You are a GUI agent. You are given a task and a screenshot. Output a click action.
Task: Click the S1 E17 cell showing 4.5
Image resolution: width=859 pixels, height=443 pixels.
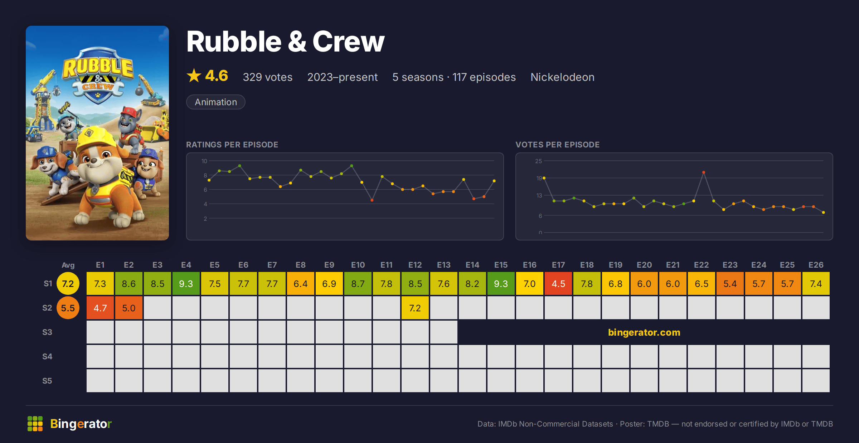558,284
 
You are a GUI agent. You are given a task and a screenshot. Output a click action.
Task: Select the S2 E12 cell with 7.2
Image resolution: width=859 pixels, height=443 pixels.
415,308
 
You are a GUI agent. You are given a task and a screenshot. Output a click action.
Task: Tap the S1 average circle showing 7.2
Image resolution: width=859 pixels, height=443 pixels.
68,284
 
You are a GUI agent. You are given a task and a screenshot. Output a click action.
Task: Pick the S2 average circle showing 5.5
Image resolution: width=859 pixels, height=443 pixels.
68,308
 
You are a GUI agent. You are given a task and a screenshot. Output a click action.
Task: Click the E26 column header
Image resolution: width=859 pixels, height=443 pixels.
816,265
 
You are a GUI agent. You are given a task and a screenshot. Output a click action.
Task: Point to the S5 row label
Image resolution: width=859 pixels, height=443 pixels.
47,381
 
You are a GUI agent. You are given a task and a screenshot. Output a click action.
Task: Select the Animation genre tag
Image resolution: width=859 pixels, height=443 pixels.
216,102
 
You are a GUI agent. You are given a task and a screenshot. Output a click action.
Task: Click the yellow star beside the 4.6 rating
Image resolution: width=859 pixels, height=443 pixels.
194,76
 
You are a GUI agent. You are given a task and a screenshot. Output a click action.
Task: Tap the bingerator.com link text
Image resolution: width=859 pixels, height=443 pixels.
644,332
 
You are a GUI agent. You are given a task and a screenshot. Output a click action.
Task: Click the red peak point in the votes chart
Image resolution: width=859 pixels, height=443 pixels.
704,172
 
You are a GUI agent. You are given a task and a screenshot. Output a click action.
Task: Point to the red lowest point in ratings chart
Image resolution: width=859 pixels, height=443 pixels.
372,200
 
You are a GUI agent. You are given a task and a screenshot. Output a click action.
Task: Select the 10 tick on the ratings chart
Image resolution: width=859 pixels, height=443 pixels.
204,161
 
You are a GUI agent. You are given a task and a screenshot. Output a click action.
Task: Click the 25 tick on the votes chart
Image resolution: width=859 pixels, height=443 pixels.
539,161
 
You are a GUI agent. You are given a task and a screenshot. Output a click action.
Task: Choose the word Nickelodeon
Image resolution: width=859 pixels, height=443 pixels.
562,77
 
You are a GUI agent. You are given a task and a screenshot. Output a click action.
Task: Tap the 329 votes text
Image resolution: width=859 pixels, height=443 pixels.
268,77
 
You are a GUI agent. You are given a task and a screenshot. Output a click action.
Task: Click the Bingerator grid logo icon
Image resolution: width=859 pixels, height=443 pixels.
35,424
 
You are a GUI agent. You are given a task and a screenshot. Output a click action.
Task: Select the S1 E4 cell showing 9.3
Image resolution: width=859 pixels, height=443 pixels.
186,284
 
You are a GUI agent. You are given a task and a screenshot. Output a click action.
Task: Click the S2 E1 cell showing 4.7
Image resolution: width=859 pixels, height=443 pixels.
100,308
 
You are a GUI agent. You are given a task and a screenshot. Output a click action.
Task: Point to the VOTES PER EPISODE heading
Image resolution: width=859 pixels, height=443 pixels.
557,145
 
